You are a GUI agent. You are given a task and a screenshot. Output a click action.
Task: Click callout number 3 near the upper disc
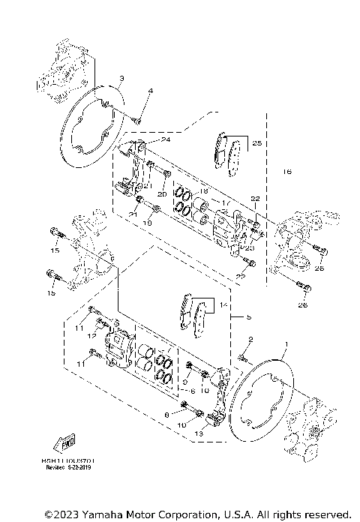pyautogui.click(x=122, y=79)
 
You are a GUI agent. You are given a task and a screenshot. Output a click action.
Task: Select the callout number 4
pyautogui.click(x=150, y=91)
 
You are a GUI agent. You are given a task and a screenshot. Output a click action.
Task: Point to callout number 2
pyautogui.click(x=250, y=340)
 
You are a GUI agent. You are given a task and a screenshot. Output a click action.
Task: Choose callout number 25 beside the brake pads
pyautogui.click(x=256, y=142)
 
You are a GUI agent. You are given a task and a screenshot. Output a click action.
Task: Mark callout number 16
pyautogui.click(x=286, y=172)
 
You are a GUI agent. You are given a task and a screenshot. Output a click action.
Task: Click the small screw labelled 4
pyautogui.click(x=140, y=117)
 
